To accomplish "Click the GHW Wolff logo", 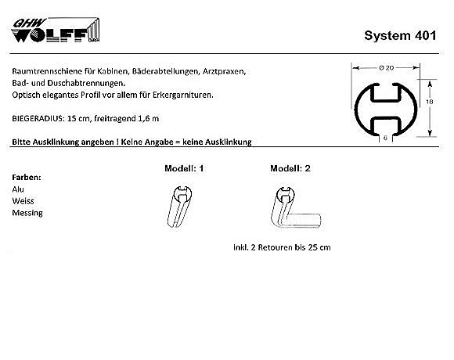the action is pos(56,30).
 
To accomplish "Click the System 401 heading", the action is pos(400,36).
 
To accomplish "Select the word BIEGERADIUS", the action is pos(38,119).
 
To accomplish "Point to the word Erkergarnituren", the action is pos(182,95).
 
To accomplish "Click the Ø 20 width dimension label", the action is pos(386,68).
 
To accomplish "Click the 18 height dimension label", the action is pos(430,102).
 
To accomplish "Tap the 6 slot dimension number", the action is pos(385,138).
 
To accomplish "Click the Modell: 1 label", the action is pos(184,168).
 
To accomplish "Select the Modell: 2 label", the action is pos(290,168).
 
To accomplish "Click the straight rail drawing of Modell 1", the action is pos(179,207).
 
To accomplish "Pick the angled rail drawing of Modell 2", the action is pos(296,207).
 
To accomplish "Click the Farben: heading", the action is pos(27,178).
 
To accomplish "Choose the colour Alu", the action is pos(18,189).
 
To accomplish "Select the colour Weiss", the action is pos(23,201).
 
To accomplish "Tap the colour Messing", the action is pos(27,213).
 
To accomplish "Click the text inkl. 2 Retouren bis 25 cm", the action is pos(282,247).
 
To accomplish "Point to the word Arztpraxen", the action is pos(224,71).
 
